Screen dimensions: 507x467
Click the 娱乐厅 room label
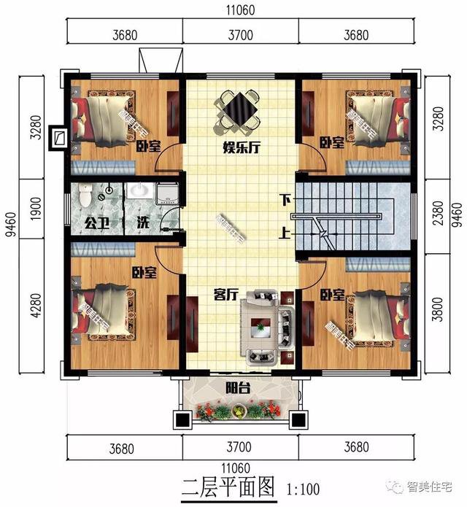(242, 146)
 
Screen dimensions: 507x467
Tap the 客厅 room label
(228, 294)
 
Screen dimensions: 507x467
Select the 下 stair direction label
(285, 199)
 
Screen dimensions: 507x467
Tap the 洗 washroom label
(143, 222)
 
